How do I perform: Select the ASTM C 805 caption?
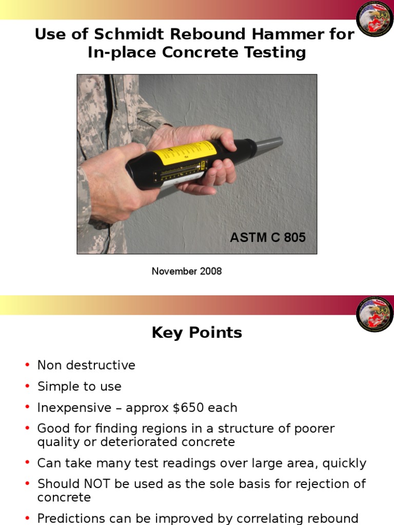tap(267, 237)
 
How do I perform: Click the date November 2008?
tap(187, 271)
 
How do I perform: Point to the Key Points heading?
tap(197, 333)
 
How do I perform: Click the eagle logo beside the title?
tap(375, 19)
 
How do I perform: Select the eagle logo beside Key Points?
tap(375, 314)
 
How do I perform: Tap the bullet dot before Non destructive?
tap(27, 366)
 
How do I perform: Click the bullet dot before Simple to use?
tap(27, 387)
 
